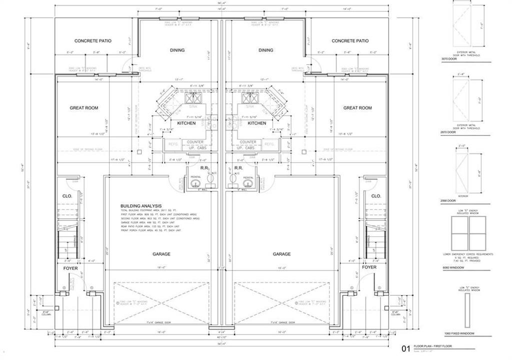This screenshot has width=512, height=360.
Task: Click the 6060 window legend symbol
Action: click(x=468, y=234)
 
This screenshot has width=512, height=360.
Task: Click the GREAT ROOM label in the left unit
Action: click(x=84, y=108)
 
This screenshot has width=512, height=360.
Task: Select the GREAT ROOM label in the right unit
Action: click(x=357, y=108)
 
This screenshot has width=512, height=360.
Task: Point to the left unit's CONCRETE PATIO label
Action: click(x=93, y=41)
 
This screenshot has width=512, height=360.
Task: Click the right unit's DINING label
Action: click(x=266, y=50)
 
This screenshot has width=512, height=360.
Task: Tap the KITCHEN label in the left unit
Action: click(x=186, y=123)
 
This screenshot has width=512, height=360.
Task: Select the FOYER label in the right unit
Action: click(x=369, y=267)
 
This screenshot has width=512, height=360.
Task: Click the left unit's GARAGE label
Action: click(x=161, y=254)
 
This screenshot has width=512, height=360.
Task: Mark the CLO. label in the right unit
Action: click(x=376, y=196)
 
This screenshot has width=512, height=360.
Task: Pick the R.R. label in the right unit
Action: click(x=238, y=168)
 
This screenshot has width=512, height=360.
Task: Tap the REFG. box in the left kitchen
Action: click(x=173, y=144)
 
